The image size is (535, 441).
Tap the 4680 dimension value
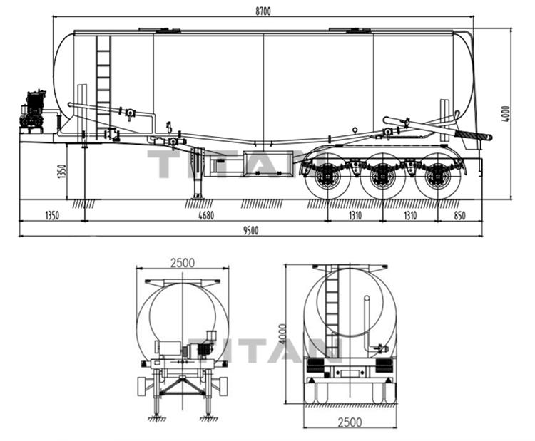click(x=206, y=215)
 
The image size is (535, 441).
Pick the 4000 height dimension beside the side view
click(x=506, y=114)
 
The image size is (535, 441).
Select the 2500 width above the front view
click(x=182, y=262)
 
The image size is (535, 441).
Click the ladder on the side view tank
click(x=103, y=78)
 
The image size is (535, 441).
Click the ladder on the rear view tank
click(x=332, y=313)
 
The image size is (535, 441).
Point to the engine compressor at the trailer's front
click(x=33, y=112)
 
